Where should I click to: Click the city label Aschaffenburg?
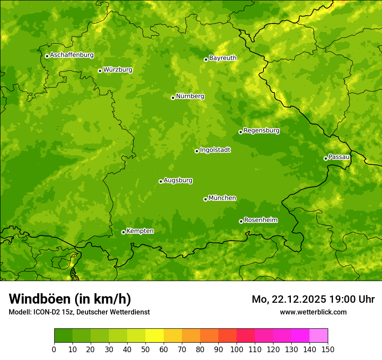pos(72,55)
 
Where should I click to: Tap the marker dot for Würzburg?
pos(100,71)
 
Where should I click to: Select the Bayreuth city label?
pos(223,58)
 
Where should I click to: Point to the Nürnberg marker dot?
pos(173,98)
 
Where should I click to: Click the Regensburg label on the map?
pos(261,131)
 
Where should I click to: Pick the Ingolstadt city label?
pos(215,150)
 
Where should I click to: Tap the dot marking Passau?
pos(326,158)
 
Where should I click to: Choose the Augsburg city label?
pos(178,180)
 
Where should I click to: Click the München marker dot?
pos(205,199)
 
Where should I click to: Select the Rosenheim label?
pos(260,220)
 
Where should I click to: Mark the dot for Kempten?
pos(123,232)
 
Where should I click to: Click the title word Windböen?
pos(40,299)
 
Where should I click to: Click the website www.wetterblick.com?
pos(313,312)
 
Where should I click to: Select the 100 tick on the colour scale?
pos(237,349)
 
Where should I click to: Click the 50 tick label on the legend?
pos(145,349)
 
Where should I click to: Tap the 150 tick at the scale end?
pos(328,349)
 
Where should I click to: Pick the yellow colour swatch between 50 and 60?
pos(155,336)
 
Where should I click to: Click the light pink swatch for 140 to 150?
pos(319,336)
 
